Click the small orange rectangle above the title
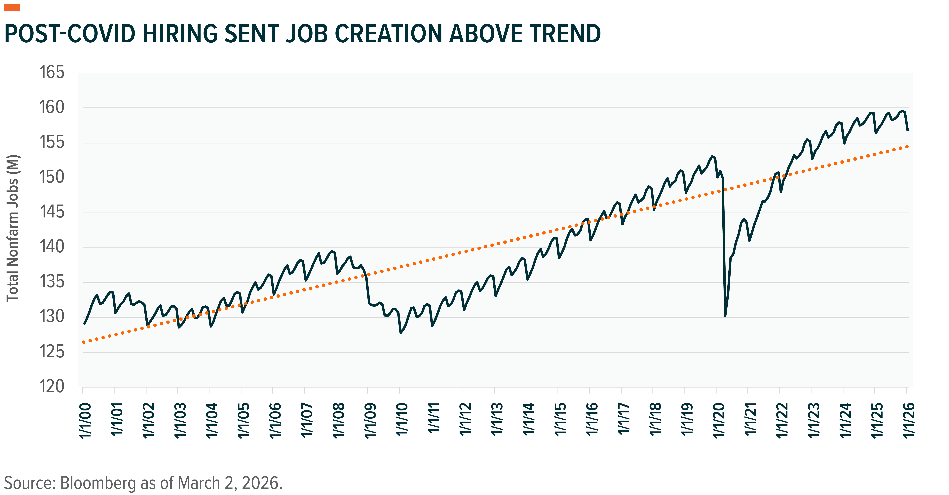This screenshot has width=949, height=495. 12,8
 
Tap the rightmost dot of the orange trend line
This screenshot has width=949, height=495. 907,147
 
